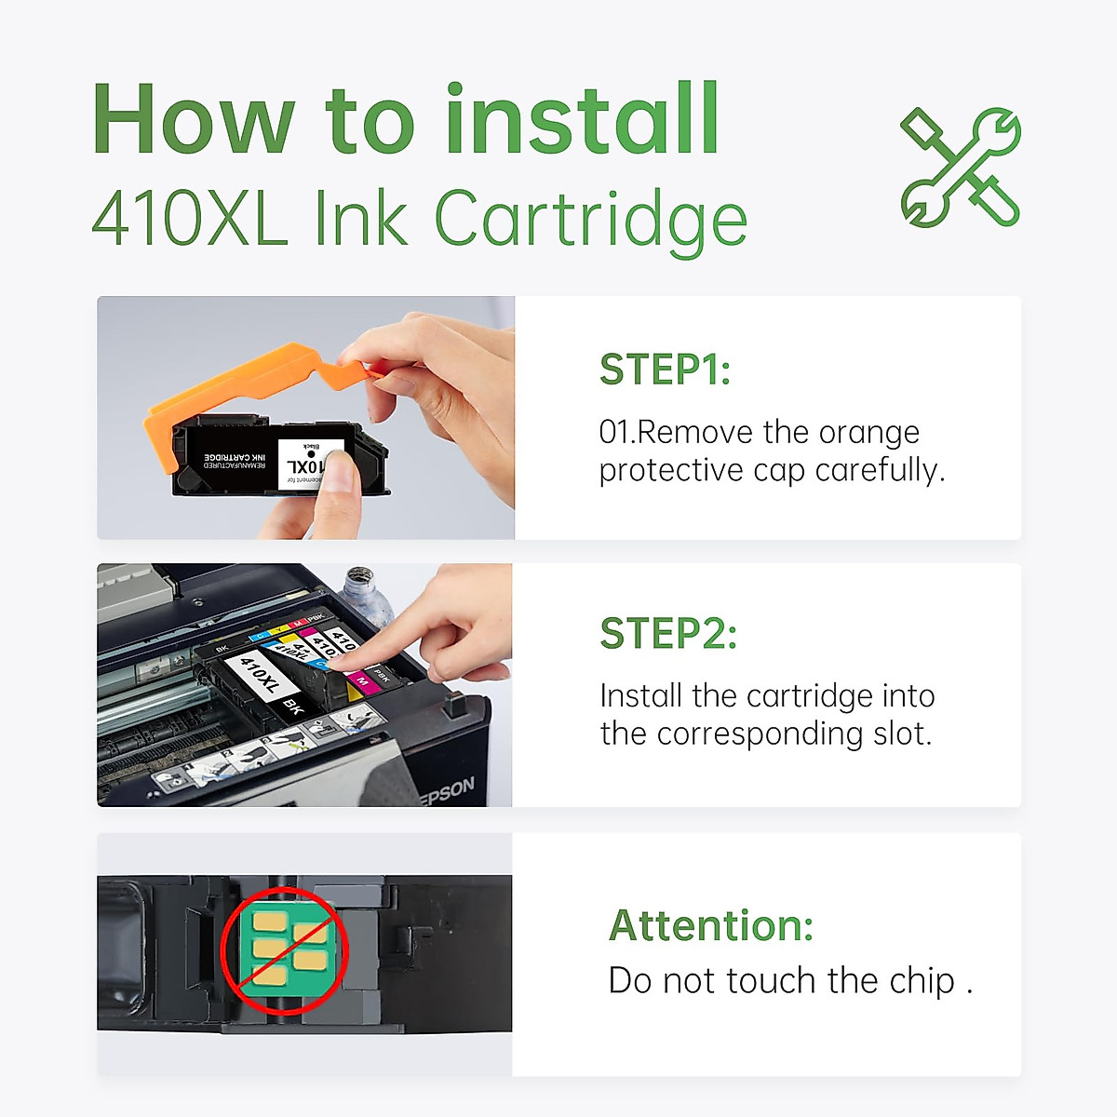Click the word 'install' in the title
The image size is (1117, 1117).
(x=582, y=121)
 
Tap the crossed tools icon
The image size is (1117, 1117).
(x=961, y=168)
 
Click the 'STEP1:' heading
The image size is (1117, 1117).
(x=665, y=370)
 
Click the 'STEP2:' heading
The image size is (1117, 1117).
(x=668, y=634)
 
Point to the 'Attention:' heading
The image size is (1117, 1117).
(x=711, y=925)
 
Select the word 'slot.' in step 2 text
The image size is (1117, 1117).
(x=902, y=734)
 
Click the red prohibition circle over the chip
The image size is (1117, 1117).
(x=285, y=950)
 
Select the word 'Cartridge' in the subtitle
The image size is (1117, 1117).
(x=590, y=220)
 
